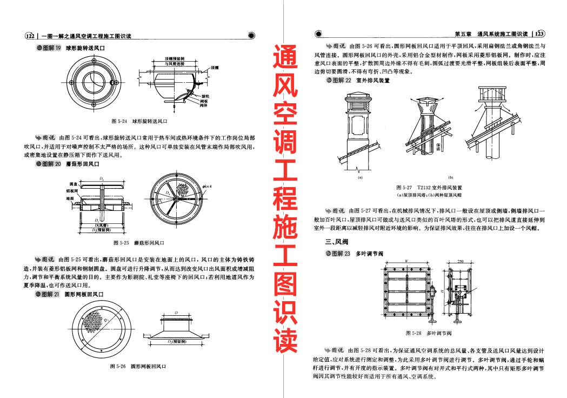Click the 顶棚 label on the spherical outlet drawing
click(215, 68)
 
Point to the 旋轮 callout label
click(204, 95)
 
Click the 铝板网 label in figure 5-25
click(71, 191)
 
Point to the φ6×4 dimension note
click(207, 187)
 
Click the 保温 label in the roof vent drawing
click(438, 146)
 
